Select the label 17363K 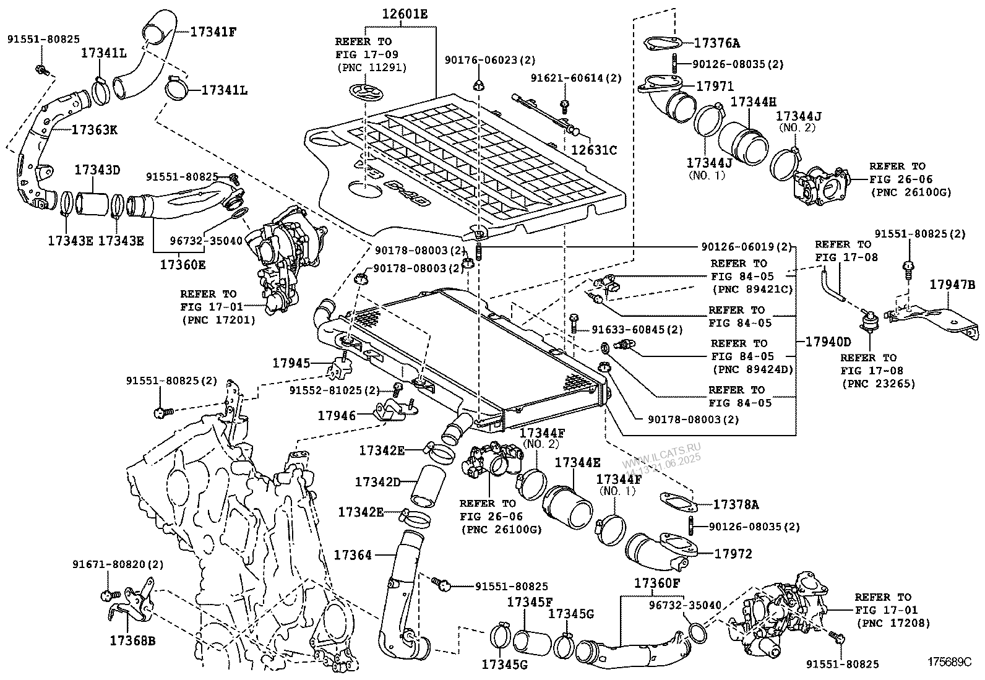point(95,130)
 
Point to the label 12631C point(593,150)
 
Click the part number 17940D point(828,342)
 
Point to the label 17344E point(577,462)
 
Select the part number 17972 point(733,554)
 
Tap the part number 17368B point(132,640)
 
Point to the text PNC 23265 point(879,384)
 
